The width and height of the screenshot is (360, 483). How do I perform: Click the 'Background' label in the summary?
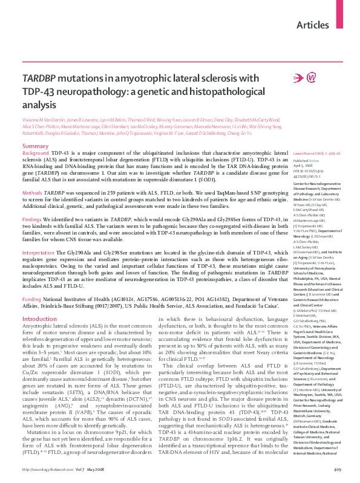pos(36,155)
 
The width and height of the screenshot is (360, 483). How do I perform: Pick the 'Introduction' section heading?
pos(39,319)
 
